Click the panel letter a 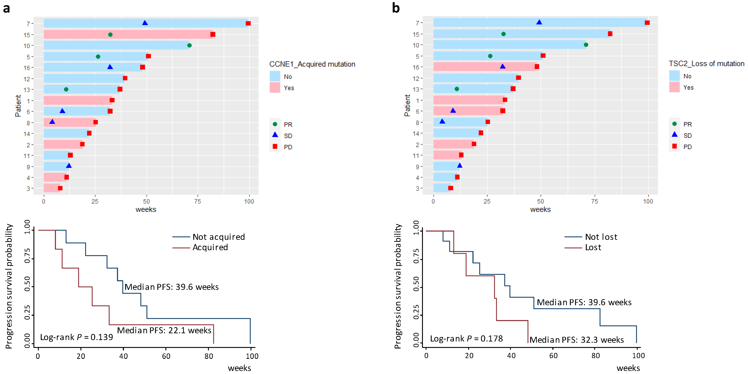coord(6,8)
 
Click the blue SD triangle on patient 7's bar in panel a coord(145,23)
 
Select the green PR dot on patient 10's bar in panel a coord(189,45)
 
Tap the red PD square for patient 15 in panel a coord(213,34)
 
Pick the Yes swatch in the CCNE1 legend coord(275,88)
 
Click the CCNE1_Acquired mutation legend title coord(312,64)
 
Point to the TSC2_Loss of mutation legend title coord(706,64)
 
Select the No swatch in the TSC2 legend coord(674,76)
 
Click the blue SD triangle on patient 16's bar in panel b coord(503,66)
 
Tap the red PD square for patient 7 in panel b coord(647,23)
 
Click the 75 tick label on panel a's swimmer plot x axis coord(197,201)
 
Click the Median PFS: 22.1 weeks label coord(164,330)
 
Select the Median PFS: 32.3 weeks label coord(576,340)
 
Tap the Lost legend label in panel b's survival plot coord(593,247)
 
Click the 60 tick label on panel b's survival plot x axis coord(553,356)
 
